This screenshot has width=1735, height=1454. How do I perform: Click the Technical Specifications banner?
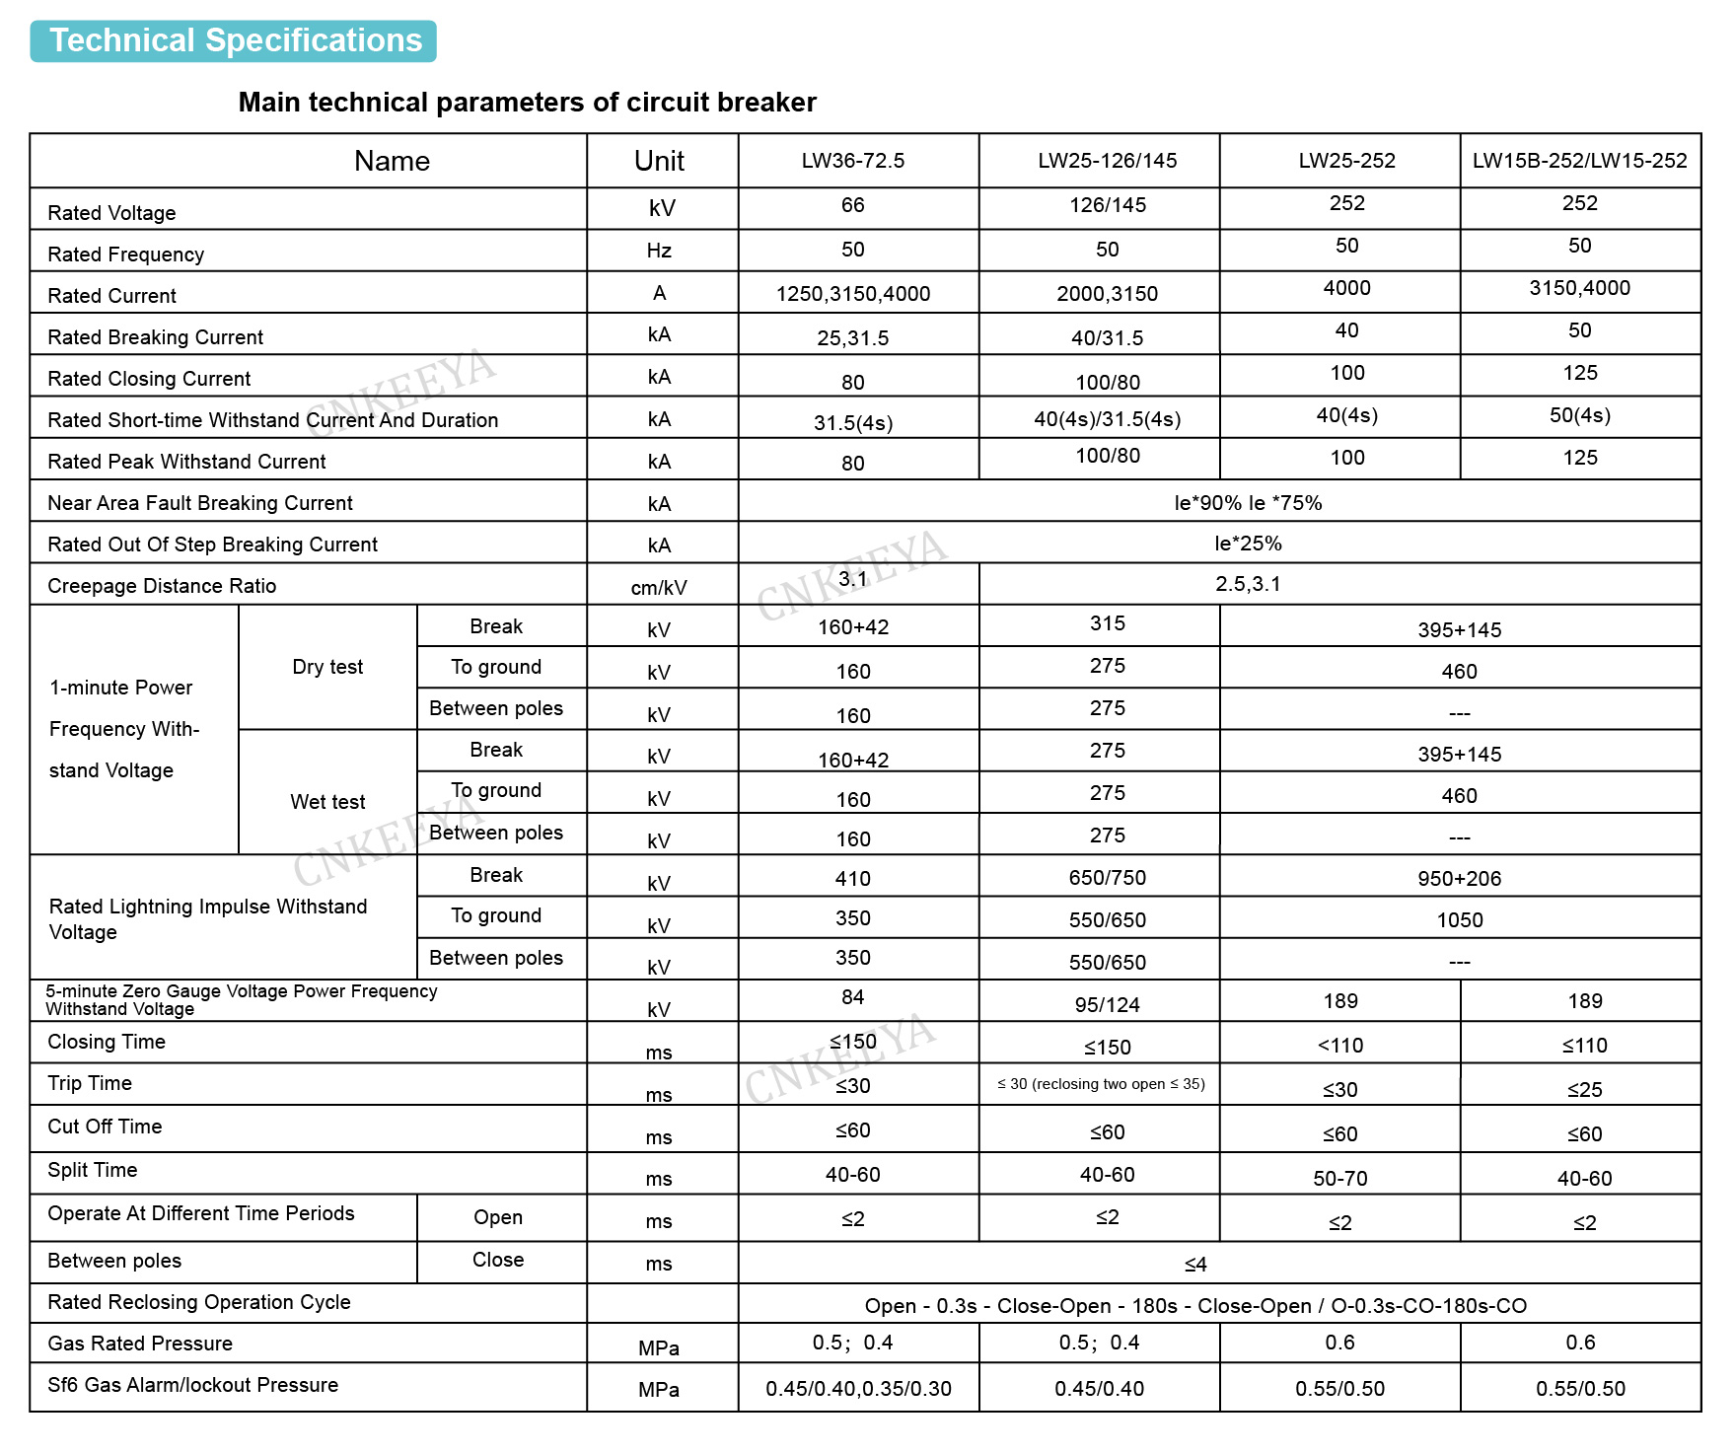tap(234, 41)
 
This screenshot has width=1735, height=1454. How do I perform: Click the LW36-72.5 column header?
tap(852, 161)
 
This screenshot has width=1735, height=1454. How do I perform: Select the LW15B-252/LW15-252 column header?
tap(1579, 161)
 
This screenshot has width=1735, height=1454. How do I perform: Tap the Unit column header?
tap(659, 161)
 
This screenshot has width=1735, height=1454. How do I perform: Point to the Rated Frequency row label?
tap(125, 254)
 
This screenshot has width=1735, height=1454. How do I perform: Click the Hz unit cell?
tap(659, 251)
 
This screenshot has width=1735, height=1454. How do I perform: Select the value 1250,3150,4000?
tap(852, 294)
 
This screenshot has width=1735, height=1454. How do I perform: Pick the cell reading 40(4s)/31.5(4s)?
tap(1107, 419)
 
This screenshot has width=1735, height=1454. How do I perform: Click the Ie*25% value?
tap(1248, 544)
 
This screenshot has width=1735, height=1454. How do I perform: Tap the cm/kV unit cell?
tap(659, 588)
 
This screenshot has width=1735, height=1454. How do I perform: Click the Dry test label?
tap(327, 667)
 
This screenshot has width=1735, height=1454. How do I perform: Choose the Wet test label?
tap(327, 802)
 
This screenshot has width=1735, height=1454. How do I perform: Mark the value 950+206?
tap(1459, 879)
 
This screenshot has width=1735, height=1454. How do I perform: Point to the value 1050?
tap(1459, 920)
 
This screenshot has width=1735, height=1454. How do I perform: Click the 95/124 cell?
tap(1107, 1005)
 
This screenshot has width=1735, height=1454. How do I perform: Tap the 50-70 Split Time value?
tap(1339, 1179)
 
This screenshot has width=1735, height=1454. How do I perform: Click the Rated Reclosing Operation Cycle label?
tap(198, 1302)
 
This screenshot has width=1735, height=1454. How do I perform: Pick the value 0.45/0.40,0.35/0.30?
tap(858, 1389)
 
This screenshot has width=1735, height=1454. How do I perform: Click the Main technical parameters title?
tap(527, 103)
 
